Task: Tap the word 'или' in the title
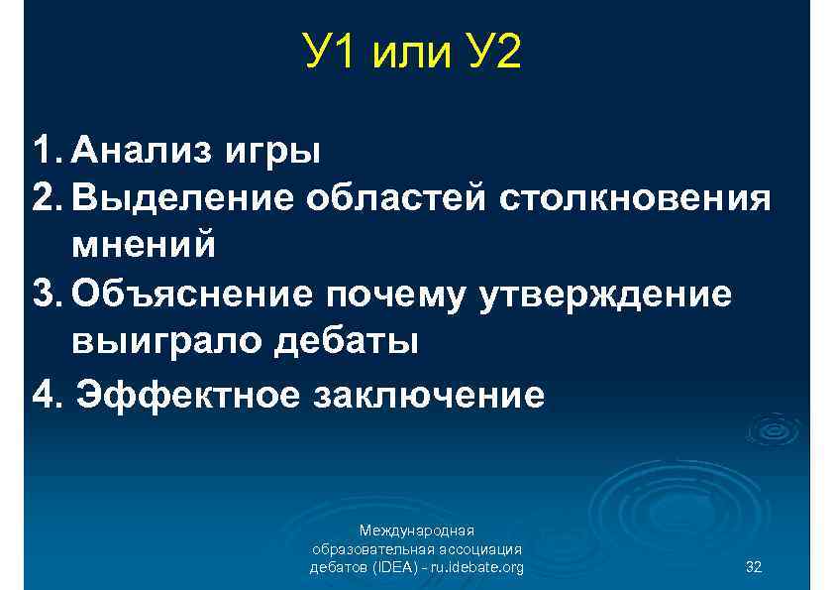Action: click(x=410, y=56)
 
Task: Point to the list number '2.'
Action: click(x=47, y=198)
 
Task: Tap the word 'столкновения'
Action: click(x=634, y=198)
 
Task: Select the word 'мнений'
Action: click(x=143, y=245)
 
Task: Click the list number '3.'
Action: click(x=47, y=294)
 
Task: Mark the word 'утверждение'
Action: click(x=606, y=295)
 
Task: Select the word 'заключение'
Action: click(x=428, y=395)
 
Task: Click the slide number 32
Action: click(x=753, y=567)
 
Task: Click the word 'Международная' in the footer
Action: click(x=417, y=531)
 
